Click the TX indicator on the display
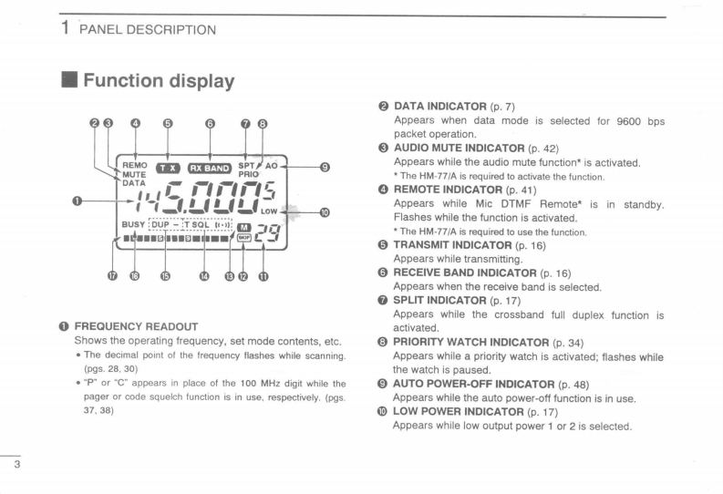[168, 168]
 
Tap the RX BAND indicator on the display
[210, 168]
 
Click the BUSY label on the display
[132, 223]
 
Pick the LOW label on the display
[269, 211]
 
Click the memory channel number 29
[266, 233]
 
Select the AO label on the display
[271, 166]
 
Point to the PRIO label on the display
[249, 174]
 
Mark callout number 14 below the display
[204, 277]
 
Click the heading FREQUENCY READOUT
[135, 326]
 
